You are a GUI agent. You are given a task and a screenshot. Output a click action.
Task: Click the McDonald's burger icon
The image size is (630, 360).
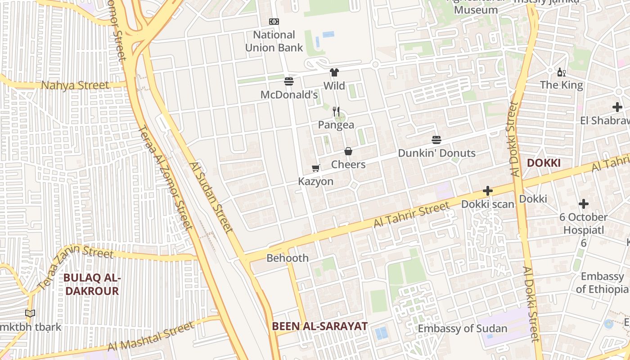pos(289,81)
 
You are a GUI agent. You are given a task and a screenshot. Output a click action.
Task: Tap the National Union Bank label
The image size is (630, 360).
pos(274,41)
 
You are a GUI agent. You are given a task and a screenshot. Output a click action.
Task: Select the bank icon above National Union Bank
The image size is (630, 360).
pos(274,22)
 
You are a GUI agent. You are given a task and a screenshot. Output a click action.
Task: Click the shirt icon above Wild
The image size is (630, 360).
pos(334,72)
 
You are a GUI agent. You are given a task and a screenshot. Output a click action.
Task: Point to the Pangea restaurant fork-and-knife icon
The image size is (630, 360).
pos(336,111)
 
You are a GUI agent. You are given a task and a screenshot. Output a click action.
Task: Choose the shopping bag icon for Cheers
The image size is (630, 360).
pos(348,151)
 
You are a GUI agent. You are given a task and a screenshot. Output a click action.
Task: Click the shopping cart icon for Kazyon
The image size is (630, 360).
pos(316,168)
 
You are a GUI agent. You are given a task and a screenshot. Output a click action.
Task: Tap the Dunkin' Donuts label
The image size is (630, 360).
pos(436,153)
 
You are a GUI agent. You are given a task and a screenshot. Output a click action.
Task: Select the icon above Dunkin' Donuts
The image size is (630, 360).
pos(436,140)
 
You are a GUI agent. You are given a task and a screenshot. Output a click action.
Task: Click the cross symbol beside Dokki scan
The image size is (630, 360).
pos(487,191)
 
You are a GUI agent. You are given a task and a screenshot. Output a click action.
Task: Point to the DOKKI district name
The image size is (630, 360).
pos(544,163)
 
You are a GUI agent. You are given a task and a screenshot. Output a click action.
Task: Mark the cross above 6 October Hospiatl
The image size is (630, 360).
pos(584,204)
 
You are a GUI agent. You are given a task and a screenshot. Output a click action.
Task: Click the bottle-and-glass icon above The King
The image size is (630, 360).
pos(561,72)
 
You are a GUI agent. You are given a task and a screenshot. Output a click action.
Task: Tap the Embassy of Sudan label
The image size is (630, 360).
pos(463,328)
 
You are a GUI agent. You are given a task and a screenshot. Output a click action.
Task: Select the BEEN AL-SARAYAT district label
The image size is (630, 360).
pos(319,326)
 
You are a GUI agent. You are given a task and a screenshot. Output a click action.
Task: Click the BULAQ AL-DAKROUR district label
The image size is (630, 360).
pos(91,284)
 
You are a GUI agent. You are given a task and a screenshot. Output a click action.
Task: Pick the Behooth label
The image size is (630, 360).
pos(288,258)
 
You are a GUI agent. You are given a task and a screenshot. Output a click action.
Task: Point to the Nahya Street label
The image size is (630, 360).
pos(75,85)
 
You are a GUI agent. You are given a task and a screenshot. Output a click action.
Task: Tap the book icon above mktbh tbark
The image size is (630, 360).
pos(30,314)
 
